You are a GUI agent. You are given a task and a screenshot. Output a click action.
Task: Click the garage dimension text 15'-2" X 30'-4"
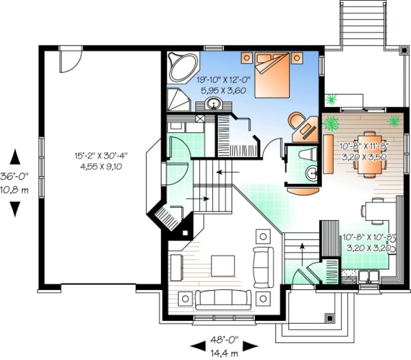[x=102, y=156]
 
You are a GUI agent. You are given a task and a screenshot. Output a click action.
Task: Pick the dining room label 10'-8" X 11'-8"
[x=364, y=146]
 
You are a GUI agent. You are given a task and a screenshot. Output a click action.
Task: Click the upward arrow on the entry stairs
[x=302, y=249]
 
